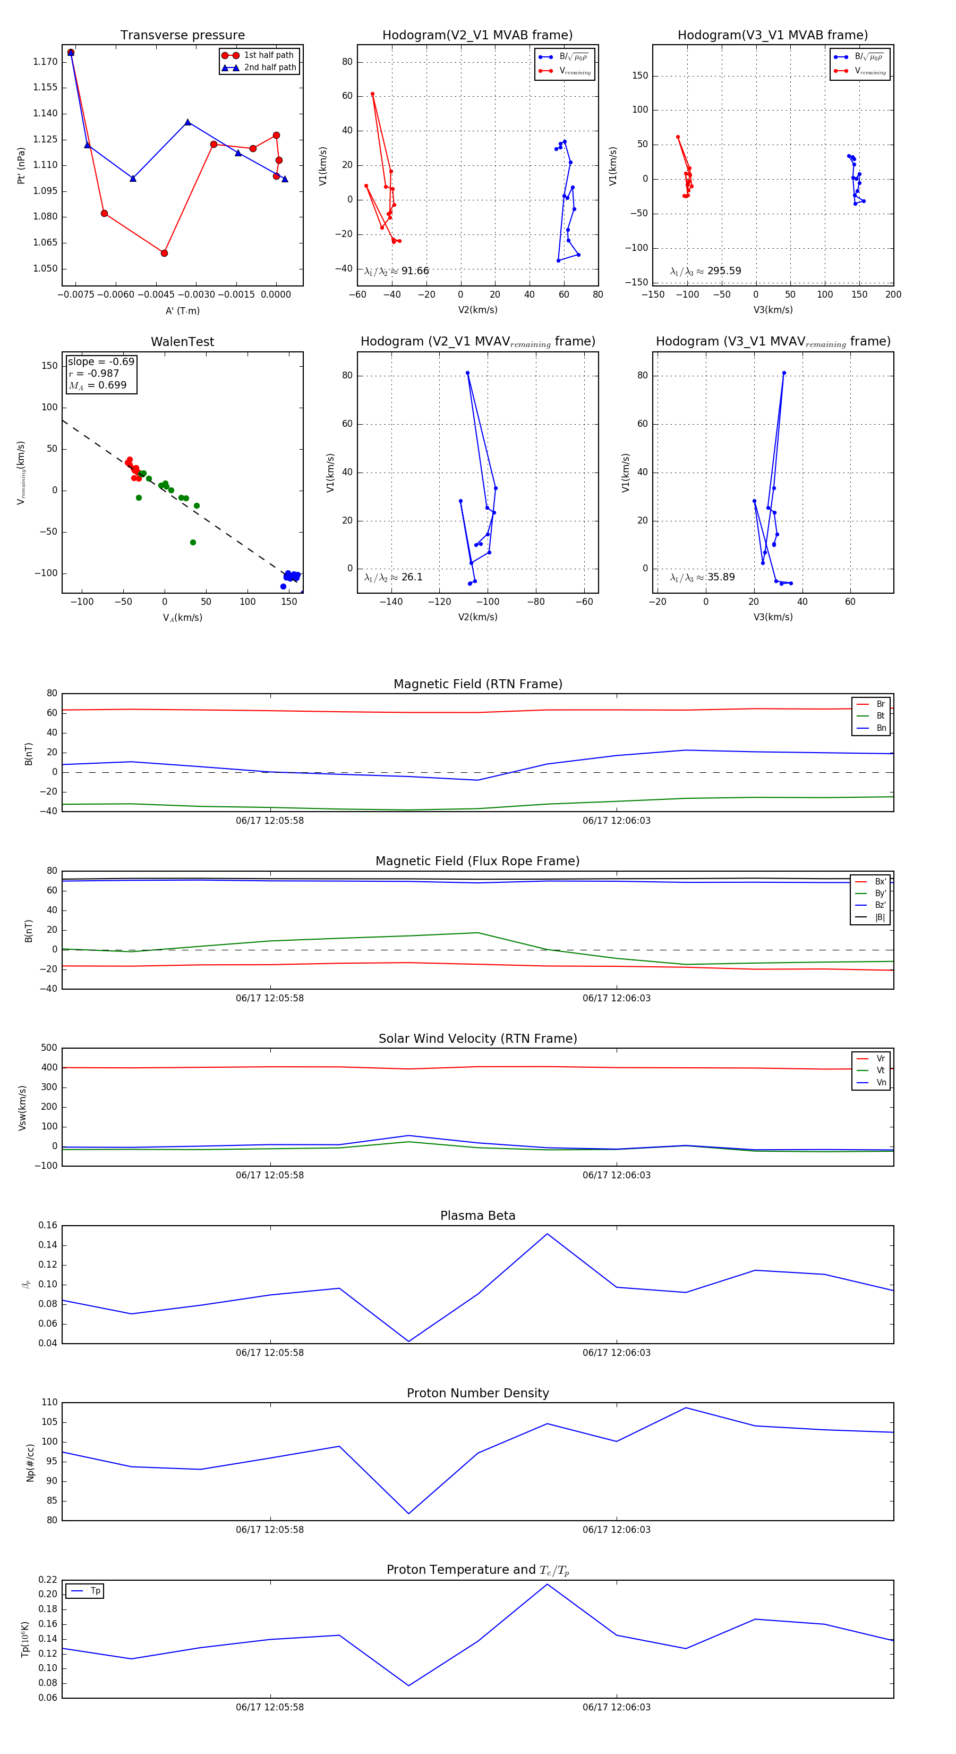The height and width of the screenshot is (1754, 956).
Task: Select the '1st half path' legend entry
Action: pos(268,55)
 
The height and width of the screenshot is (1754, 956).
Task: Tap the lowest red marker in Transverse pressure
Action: pos(164,254)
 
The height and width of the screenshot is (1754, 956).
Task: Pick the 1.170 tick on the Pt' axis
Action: pos(46,62)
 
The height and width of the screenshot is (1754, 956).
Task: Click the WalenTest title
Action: pos(182,342)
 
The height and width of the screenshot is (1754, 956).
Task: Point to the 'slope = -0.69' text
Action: pos(101,361)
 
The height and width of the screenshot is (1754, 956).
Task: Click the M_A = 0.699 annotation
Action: pos(97,385)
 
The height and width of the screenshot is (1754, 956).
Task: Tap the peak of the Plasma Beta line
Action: pos(547,1234)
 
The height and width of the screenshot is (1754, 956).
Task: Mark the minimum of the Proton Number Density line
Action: pos(409,1514)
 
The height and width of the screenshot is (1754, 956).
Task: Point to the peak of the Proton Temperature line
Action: pos(547,1584)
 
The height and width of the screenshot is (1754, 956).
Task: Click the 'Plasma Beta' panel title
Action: pos(477,1216)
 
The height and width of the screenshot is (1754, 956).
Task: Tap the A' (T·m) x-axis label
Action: pos(182,310)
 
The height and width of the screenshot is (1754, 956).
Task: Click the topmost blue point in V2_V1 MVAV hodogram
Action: pos(467,373)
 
